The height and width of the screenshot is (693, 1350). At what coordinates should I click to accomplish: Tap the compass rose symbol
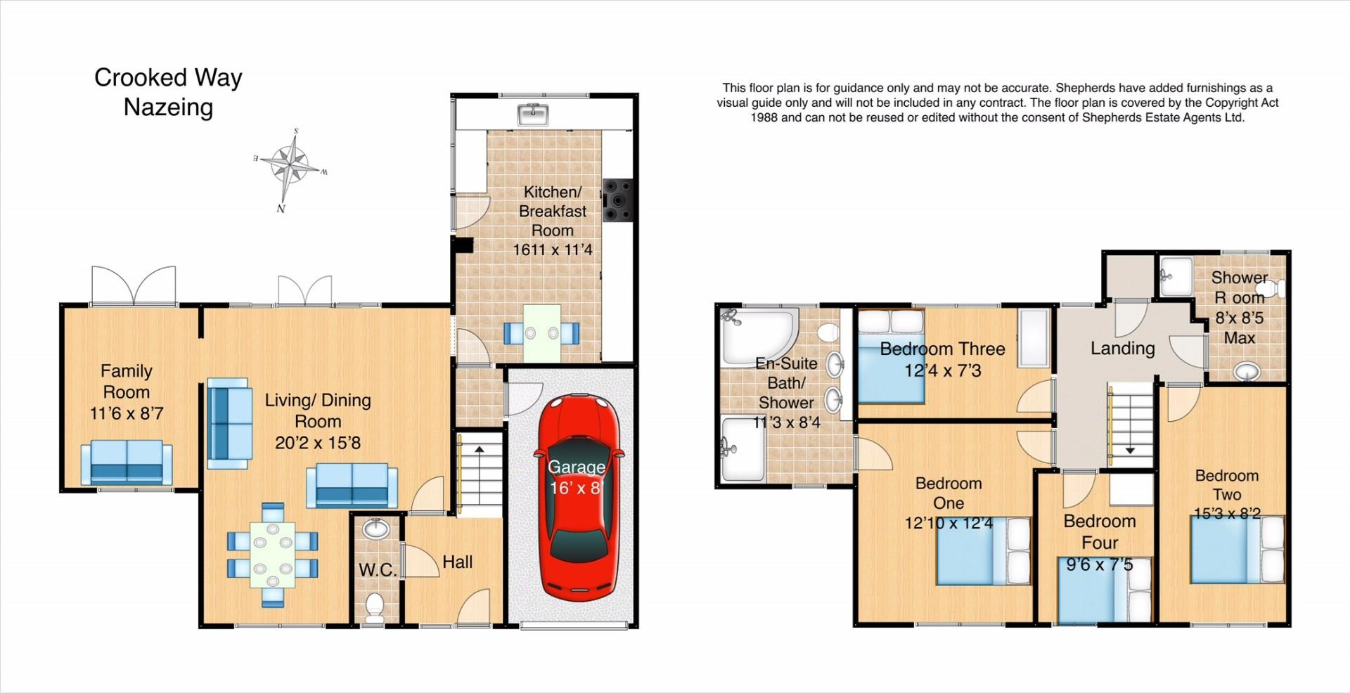coord(291,169)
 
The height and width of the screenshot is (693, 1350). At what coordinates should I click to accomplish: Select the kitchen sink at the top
coord(534,114)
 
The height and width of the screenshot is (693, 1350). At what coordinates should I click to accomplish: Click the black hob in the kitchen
coord(617,200)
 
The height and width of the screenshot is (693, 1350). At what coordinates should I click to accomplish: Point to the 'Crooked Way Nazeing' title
coord(168,92)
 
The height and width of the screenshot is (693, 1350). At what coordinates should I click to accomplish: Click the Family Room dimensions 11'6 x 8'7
coord(127,413)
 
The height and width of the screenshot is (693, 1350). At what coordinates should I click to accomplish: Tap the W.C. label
coord(378,570)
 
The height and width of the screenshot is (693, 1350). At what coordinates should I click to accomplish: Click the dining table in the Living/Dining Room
coord(273,555)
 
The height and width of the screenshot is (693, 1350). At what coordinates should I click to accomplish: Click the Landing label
coord(1123,348)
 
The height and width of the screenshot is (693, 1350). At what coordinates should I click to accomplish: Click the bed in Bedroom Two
coord(1237,549)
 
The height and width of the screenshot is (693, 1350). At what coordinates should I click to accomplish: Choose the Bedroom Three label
coord(942,349)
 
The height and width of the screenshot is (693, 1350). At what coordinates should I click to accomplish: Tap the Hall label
coord(457,562)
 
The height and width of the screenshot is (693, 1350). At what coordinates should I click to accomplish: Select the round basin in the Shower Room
coord(1247,370)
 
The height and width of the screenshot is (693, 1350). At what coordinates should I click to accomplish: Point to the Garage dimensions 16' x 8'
coord(577,488)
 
